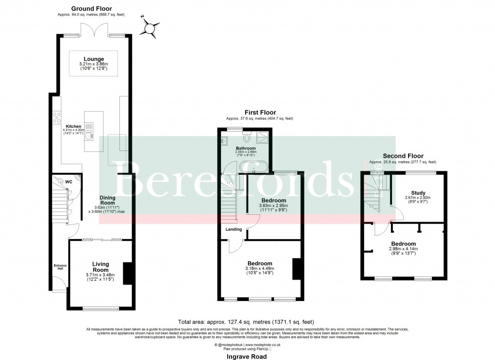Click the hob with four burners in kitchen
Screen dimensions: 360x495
tap(56, 117)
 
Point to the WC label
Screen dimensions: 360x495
tap(69, 182)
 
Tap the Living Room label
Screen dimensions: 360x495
tap(101, 267)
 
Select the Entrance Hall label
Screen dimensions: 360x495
tap(59, 267)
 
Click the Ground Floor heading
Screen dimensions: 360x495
tap(91, 9)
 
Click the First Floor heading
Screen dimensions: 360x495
tap(260, 112)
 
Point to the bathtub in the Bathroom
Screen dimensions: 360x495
tap(254, 167)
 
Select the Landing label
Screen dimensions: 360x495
tap(233, 229)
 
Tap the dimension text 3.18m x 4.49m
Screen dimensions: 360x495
tap(260, 269)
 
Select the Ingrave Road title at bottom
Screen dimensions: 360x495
tap(247, 356)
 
